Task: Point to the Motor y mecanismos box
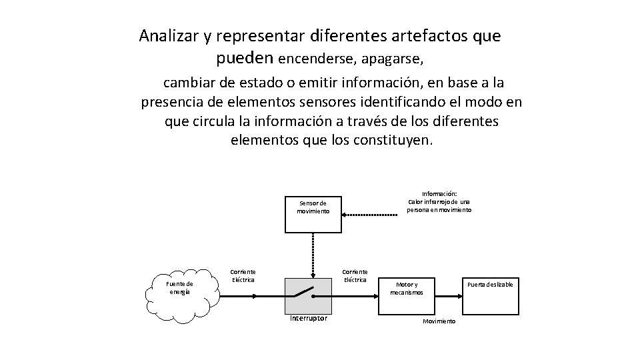click(407, 287)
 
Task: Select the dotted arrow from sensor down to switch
click(313, 255)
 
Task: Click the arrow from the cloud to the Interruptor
click(252, 294)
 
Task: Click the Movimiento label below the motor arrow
click(439, 321)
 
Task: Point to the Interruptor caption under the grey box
click(309, 319)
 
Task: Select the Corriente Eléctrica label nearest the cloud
click(243, 275)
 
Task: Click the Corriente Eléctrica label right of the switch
click(355, 275)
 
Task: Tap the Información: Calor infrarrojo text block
click(439, 202)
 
